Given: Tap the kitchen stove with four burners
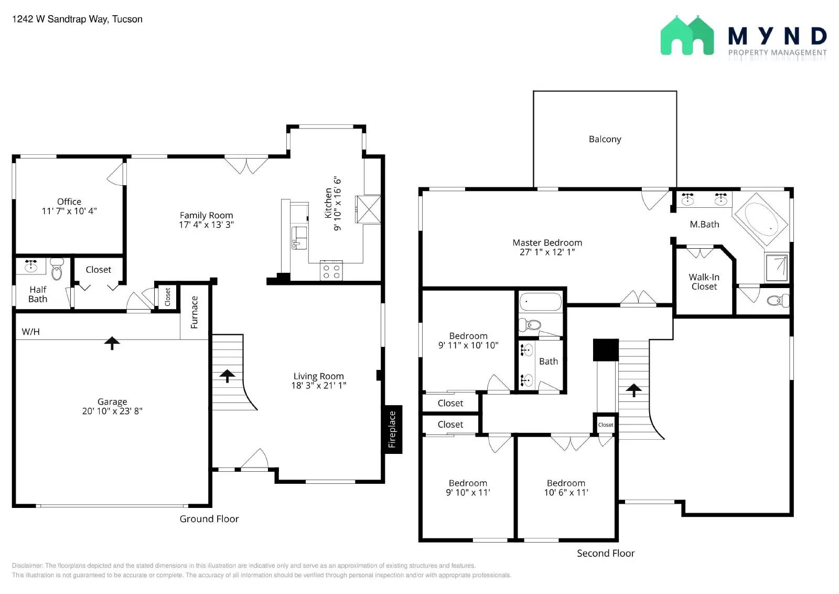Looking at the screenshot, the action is click(x=331, y=270).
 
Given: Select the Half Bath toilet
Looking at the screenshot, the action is click(x=57, y=269).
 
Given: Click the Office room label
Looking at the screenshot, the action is click(x=69, y=201).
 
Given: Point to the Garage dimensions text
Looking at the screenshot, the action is click(x=112, y=411).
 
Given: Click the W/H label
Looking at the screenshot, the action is click(x=31, y=332).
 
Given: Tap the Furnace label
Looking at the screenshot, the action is click(x=194, y=312).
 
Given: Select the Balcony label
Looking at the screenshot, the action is click(x=605, y=140).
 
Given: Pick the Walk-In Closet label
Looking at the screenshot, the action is click(x=704, y=282).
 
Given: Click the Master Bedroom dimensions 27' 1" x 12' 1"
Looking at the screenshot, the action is click(x=547, y=252).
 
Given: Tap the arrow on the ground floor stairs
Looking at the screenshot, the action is click(x=227, y=376).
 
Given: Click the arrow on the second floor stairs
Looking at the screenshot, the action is click(x=634, y=390).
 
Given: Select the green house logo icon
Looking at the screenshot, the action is click(x=687, y=35).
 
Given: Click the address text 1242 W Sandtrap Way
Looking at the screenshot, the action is click(x=60, y=19).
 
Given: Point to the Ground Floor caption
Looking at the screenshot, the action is click(x=209, y=519).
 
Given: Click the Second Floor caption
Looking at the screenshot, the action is click(x=606, y=554).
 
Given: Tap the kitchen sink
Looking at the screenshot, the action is click(x=299, y=238).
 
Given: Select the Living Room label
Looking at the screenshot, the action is click(x=318, y=376).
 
